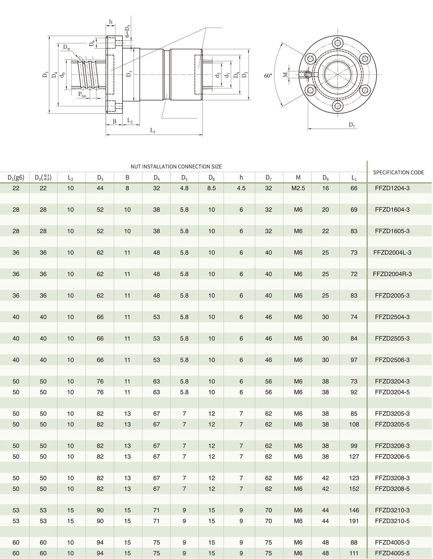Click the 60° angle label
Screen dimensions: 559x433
point(268,75)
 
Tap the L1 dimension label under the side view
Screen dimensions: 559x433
point(152,130)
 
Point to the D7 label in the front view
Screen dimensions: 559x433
point(352,125)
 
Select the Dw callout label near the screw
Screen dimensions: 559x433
point(66,47)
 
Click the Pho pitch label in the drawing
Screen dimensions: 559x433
point(82,95)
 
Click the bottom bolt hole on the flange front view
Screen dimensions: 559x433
point(337,106)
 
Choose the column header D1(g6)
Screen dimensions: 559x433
point(16,177)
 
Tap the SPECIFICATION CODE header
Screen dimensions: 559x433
point(398,172)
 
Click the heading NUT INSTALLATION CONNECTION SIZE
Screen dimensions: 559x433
point(176,167)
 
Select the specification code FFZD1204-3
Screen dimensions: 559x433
point(392,188)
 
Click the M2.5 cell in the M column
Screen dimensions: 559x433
point(298,188)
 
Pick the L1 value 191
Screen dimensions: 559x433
point(354,521)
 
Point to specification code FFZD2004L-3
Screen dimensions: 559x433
point(392,252)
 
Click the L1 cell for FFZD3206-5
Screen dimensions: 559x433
point(354,456)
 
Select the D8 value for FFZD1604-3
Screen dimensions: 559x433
point(325,210)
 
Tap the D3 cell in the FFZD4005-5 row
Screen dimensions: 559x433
point(100,553)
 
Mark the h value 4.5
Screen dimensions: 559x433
point(241,188)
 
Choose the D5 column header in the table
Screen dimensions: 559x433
point(184,178)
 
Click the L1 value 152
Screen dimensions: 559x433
point(354,489)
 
